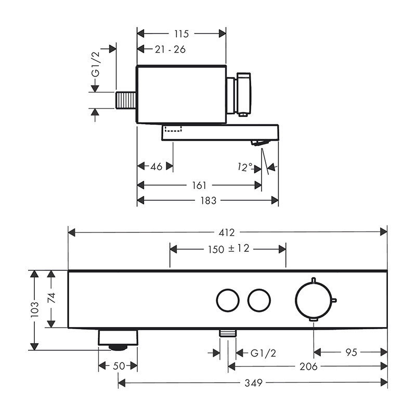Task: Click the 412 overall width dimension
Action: [x=227, y=232]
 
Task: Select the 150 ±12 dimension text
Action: [x=229, y=249]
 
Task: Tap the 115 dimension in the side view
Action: [x=181, y=34]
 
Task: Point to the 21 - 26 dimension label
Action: [x=171, y=49]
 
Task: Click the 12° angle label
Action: [x=245, y=167]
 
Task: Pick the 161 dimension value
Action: [x=199, y=185]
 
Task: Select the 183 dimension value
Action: [x=209, y=200]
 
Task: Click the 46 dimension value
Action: [x=157, y=166]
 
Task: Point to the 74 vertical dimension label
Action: [x=51, y=298]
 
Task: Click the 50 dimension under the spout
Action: [x=119, y=366]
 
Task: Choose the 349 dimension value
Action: [x=253, y=383]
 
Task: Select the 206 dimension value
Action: [x=308, y=367]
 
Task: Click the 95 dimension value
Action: [x=352, y=353]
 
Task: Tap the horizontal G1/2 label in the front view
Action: [x=263, y=353]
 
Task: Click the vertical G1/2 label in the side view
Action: [x=96, y=64]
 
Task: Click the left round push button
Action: [x=228, y=301]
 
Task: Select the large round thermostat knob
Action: [x=314, y=301]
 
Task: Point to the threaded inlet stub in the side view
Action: [x=126, y=100]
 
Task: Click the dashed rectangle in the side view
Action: [x=173, y=129]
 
